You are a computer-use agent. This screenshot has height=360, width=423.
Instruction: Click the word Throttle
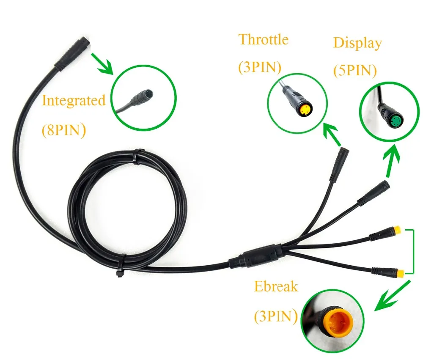point(264,39)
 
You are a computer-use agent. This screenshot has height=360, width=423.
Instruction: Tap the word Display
point(358,43)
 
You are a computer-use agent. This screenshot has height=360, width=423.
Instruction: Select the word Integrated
point(74,101)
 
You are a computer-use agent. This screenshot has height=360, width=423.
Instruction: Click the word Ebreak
point(276,286)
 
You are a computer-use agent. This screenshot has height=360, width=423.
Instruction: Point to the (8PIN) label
point(64,130)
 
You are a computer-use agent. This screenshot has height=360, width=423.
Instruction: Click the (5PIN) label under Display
point(355,71)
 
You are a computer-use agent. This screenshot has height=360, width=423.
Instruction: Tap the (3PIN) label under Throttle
point(260,67)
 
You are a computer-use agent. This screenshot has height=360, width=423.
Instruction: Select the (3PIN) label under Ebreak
point(276,316)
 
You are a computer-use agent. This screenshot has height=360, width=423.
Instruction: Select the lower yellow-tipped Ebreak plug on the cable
point(388,272)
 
